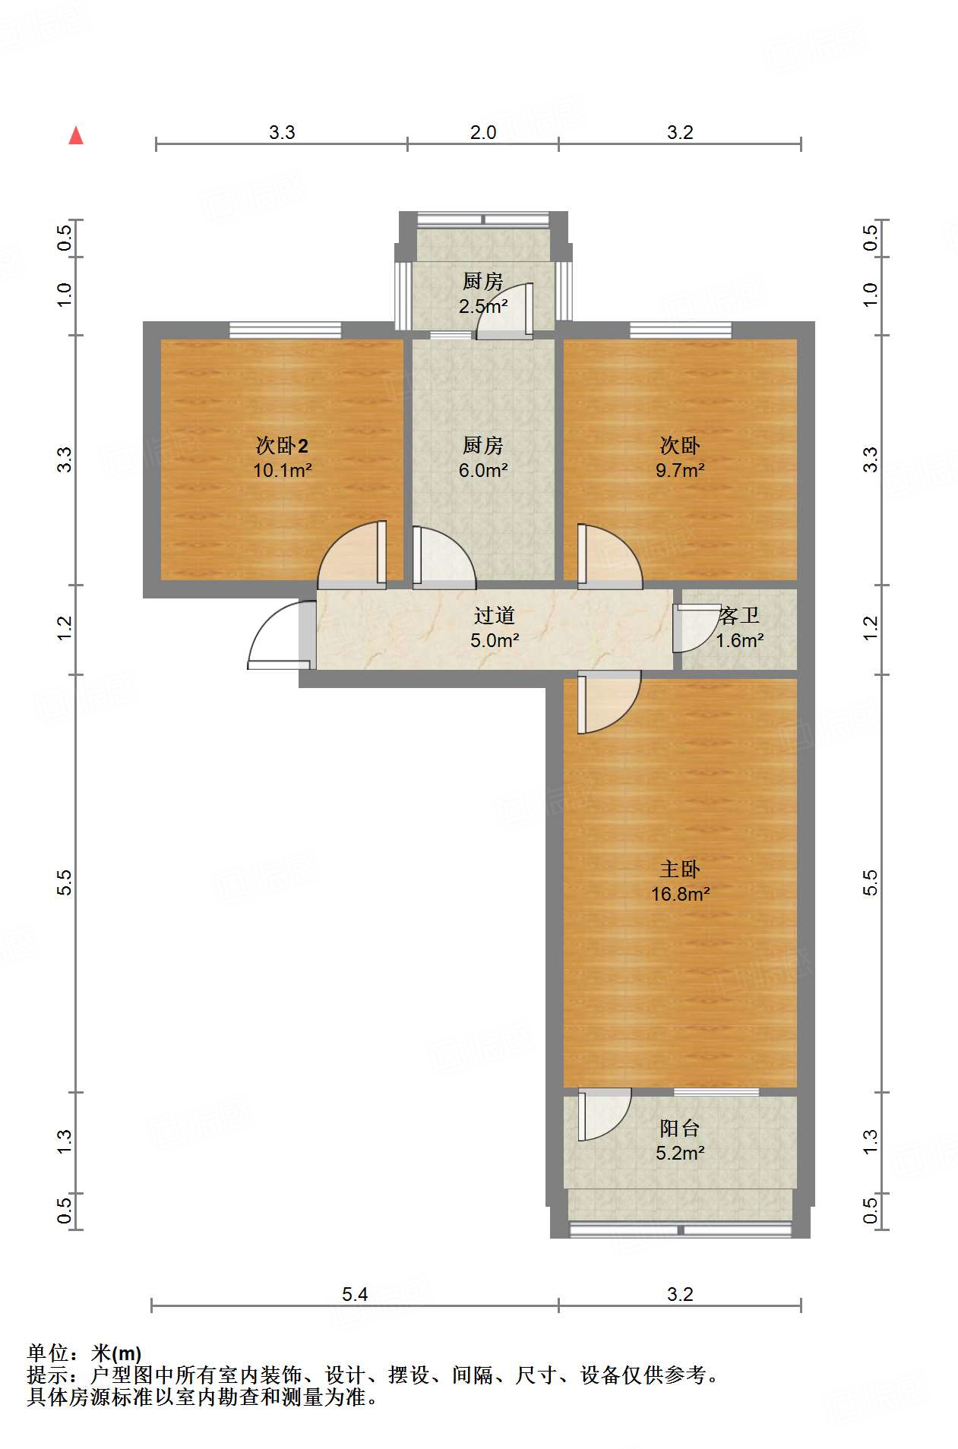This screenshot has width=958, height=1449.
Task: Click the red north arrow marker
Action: pos(76,136)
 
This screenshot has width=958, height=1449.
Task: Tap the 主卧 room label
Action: pos(679,869)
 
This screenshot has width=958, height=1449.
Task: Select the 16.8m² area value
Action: pos(680,894)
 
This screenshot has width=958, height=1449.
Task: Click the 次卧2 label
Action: pos(282,446)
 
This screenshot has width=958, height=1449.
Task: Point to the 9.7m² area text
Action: pos(680,470)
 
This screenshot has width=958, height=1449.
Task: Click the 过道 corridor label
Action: pos(495,615)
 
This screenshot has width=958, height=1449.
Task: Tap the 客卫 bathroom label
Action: pos(740,615)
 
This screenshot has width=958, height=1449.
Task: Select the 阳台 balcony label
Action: pos(679,1128)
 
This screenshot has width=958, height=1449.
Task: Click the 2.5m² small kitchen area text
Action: pos(482,306)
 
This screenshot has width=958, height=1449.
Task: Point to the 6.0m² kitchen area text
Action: pos(482,470)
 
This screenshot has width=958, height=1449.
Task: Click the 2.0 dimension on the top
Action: pos(482,132)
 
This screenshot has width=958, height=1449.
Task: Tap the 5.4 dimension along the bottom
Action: pos(354,1294)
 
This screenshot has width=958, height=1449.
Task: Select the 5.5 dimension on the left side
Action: pos(65,882)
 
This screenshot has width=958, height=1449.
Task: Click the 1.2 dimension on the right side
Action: pos(870,627)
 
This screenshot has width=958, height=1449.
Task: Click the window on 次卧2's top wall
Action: pos(285,330)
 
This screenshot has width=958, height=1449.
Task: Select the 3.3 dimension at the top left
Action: pos(281,132)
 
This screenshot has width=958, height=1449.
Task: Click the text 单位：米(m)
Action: pos(84,1353)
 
